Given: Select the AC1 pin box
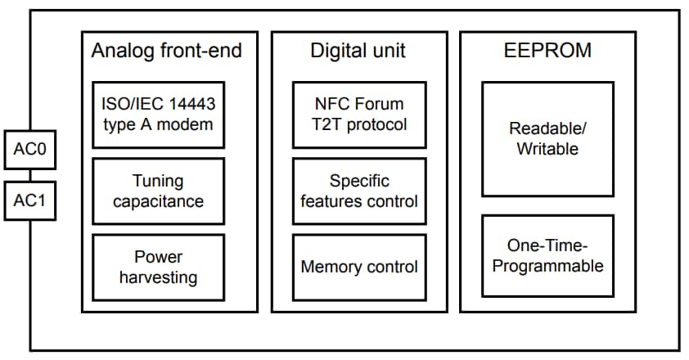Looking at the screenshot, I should pos(30,200).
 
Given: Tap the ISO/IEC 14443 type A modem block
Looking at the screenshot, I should pos(158,115).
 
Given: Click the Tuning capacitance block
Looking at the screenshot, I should pos(158,191).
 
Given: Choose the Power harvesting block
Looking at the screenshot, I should pos(158,268).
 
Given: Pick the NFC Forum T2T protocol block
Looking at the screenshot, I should pos(359,115).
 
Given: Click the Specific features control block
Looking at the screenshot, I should pos(359,191).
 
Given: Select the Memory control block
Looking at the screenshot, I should pos(359,267).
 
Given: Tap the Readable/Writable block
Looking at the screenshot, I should pos(547,139).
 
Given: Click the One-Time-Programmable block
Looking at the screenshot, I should pos(547,255).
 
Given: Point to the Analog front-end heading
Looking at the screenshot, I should pos(167,51).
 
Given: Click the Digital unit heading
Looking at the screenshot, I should pos(358,51).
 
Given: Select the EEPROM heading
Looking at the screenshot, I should pos(547,51).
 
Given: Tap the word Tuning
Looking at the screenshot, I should pos(158,181).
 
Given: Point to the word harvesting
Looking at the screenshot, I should pos(158,277).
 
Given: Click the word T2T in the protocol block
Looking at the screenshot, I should pos(328,124).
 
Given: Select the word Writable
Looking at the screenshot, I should pos(547,149).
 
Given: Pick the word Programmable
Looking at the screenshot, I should pos(547,266).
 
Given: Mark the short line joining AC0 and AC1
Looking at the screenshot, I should pos(30,175).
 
